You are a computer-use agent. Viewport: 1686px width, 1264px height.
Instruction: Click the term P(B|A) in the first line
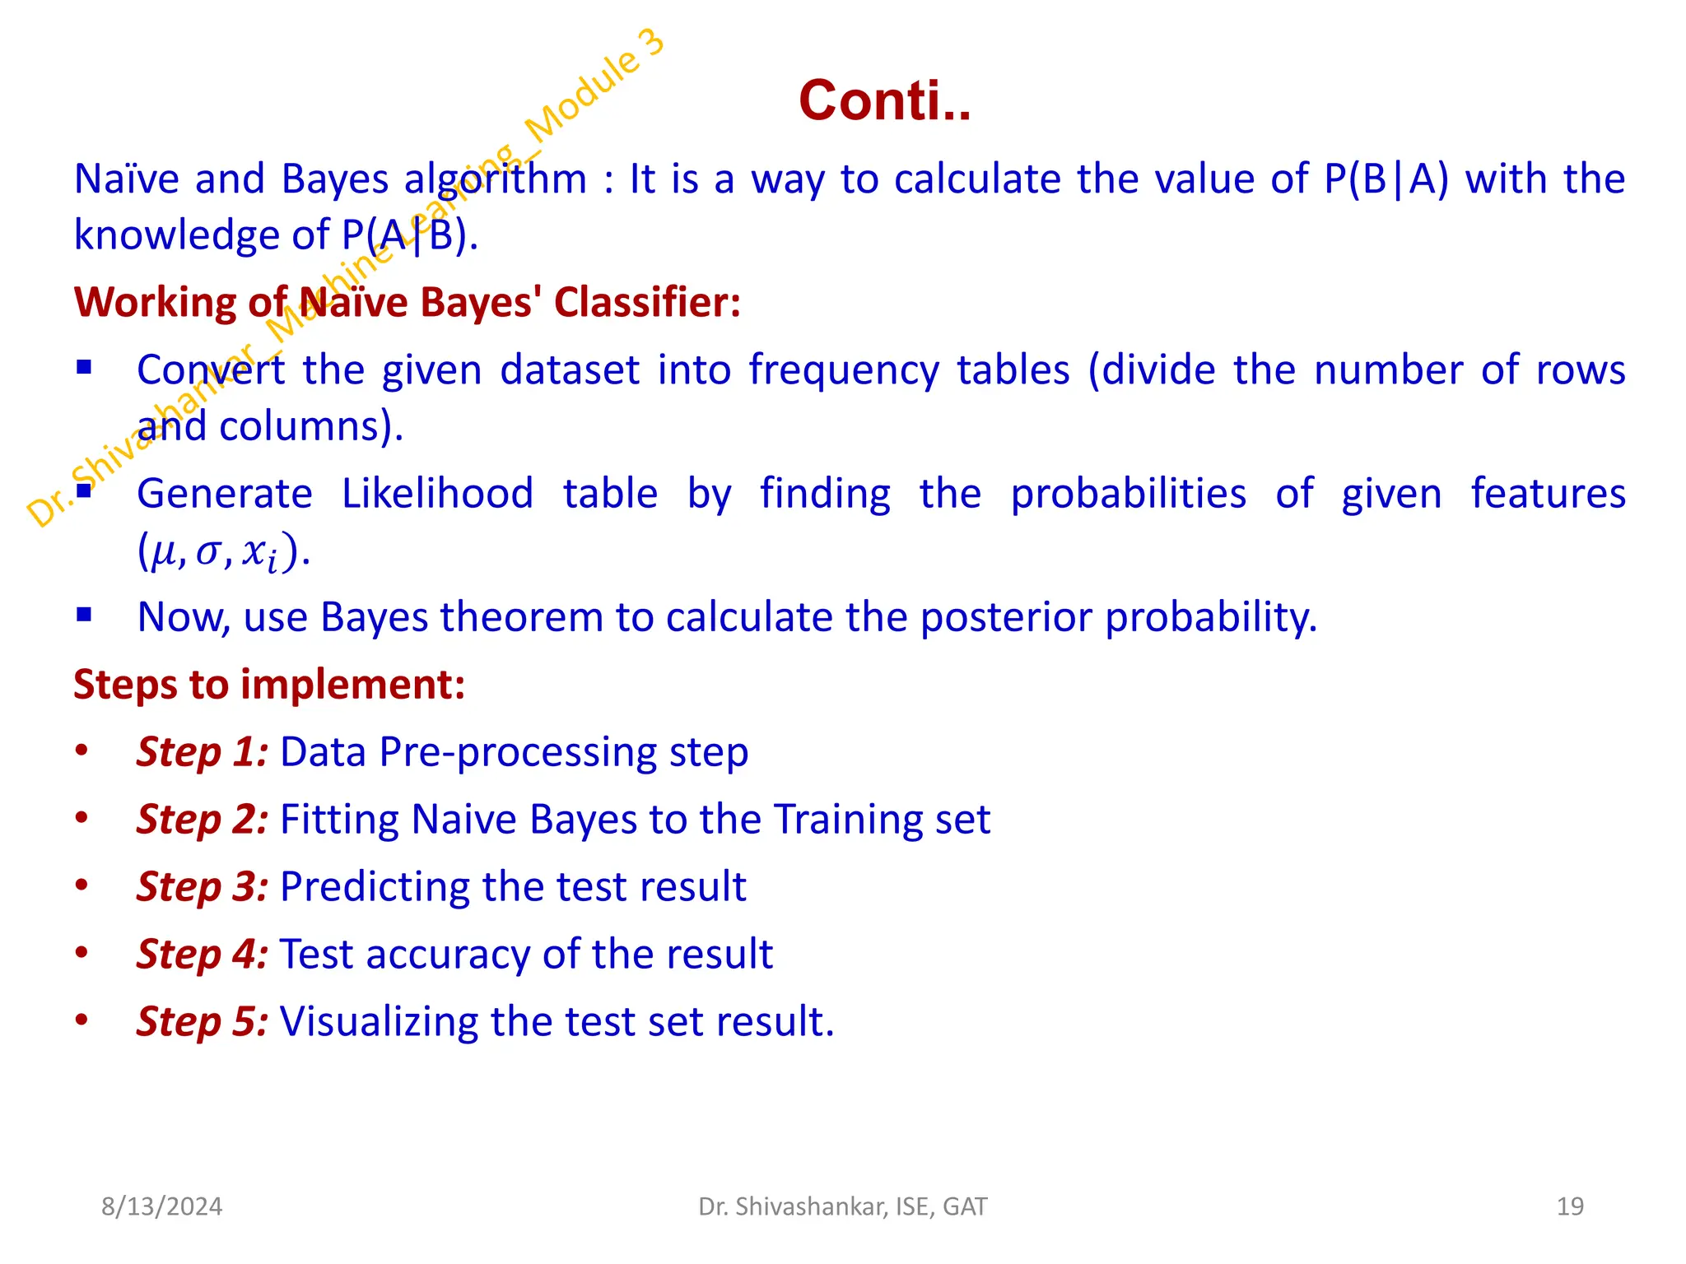1386,179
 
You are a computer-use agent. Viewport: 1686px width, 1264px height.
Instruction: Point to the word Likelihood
437,494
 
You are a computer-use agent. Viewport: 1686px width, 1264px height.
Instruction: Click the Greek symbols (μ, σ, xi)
222,552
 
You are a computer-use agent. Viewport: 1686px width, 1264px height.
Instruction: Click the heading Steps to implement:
269,684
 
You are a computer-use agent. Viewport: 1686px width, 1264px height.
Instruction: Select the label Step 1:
202,752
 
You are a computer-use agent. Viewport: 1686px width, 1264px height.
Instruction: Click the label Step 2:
202,820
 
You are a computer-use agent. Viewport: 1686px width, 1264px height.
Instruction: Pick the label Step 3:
202,887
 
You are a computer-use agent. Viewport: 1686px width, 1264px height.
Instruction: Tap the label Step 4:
202,955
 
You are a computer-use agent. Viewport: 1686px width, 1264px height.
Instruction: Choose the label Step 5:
202,1022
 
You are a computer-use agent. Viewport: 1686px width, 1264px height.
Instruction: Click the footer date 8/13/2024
161,1206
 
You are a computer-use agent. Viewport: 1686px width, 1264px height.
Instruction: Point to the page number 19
1570,1206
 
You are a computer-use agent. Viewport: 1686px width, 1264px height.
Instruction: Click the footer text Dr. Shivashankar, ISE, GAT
842,1206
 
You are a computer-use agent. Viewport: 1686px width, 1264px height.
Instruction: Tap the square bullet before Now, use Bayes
84,614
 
